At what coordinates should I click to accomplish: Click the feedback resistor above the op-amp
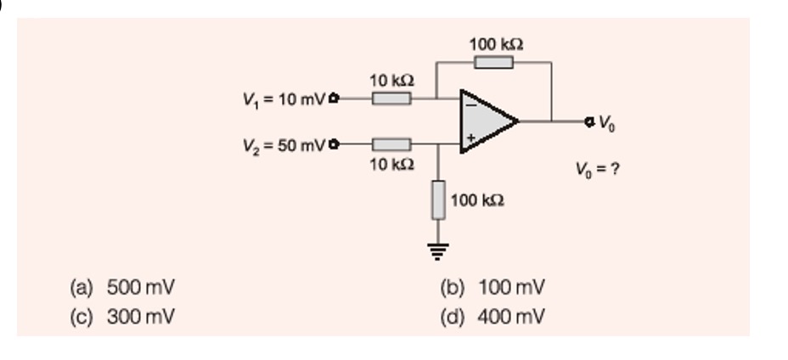(x=493, y=62)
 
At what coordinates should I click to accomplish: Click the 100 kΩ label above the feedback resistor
(x=497, y=43)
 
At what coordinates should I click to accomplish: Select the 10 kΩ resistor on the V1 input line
(x=391, y=98)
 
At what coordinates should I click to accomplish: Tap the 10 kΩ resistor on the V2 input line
(x=391, y=143)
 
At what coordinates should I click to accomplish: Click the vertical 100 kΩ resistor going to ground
(x=438, y=200)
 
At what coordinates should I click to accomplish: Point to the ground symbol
(x=438, y=249)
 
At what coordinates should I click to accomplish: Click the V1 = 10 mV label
(x=285, y=98)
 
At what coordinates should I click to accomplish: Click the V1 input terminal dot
(x=333, y=98)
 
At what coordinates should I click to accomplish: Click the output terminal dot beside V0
(x=588, y=121)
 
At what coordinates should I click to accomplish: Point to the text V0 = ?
(x=599, y=167)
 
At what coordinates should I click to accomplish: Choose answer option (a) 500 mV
(x=123, y=287)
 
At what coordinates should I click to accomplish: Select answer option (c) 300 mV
(x=123, y=317)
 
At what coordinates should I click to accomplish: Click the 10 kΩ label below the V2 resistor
(x=391, y=163)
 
